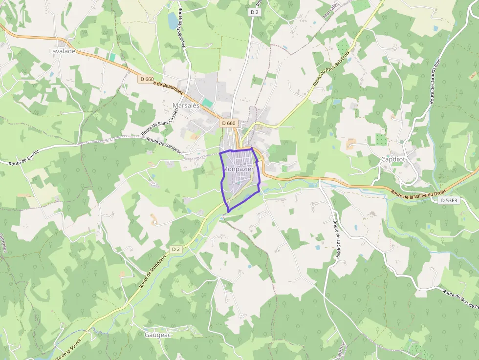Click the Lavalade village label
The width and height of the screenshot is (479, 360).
click(62, 51)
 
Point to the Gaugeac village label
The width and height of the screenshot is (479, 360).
click(158, 335)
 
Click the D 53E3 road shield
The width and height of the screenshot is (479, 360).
click(449, 200)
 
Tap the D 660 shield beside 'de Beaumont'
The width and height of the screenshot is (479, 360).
click(145, 80)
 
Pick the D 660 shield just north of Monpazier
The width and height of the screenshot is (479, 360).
click(228, 124)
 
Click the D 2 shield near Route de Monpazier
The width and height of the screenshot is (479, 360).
click(176, 249)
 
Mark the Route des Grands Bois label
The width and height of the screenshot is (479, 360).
click(435, 81)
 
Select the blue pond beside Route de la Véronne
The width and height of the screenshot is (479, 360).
click(173, 21)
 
